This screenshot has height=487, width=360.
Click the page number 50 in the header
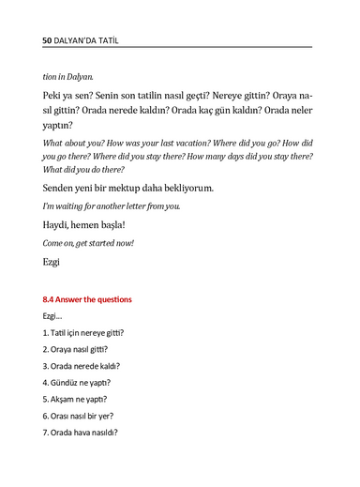pyautogui.click(x=49, y=42)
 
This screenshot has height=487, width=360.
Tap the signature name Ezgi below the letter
pyautogui.click(x=52, y=262)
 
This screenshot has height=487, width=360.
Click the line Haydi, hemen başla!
pyautogui.click(x=83, y=225)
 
